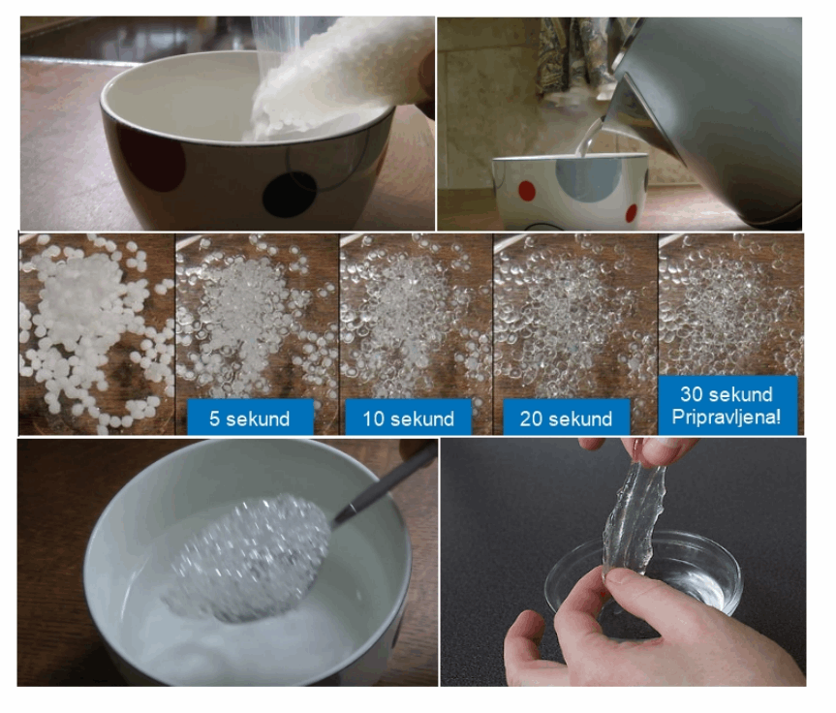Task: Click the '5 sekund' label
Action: click(x=250, y=418)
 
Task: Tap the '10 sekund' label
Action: click(x=409, y=418)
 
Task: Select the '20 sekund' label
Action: click(x=567, y=418)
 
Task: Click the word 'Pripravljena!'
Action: click(x=727, y=417)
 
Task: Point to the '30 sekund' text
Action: click(x=727, y=394)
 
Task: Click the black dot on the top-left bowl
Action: click(x=289, y=195)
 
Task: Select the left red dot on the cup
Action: click(x=527, y=191)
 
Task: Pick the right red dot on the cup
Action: click(x=632, y=213)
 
